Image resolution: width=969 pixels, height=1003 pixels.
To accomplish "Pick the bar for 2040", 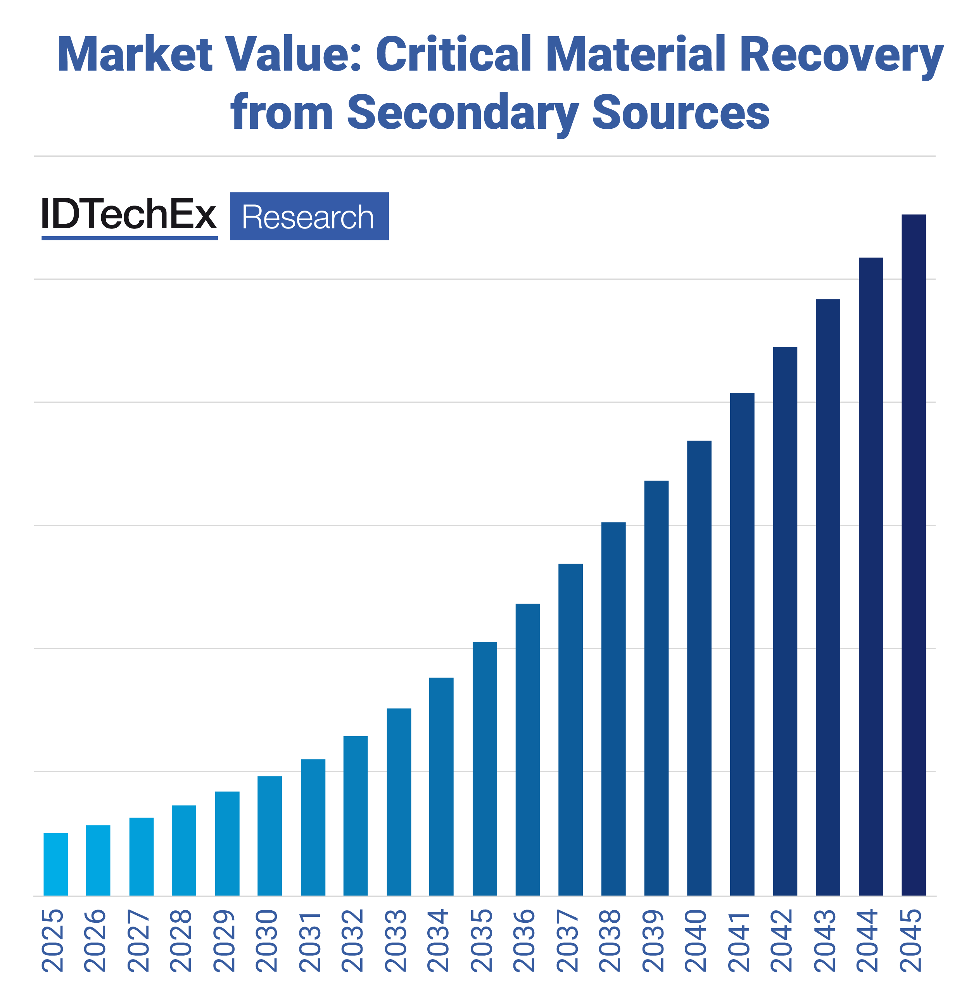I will [x=699, y=668].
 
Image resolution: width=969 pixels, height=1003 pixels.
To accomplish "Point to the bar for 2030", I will [x=269, y=836].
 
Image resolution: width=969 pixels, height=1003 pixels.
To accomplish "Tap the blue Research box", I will [x=309, y=216].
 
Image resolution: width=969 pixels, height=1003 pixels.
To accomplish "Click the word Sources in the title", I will [x=681, y=112].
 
